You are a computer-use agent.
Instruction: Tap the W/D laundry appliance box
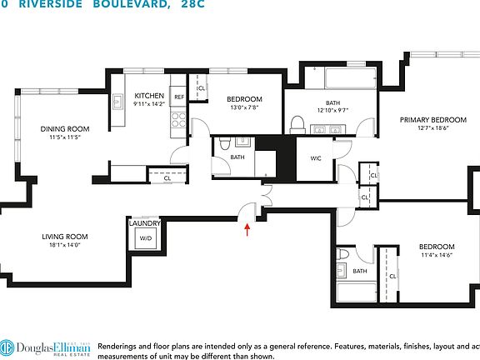pyautogui.click(x=146, y=238)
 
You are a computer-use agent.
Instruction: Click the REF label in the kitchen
pyautogui.click(x=179, y=97)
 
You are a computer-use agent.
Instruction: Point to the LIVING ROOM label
pyautogui.click(x=66, y=237)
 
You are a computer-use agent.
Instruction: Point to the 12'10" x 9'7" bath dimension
pyautogui.click(x=331, y=110)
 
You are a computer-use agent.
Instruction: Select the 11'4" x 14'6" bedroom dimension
pyautogui.click(x=436, y=256)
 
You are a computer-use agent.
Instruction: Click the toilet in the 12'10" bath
pyautogui.click(x=297, y=125)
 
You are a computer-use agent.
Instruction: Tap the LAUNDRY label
pyautogui.click(x=145, y=222)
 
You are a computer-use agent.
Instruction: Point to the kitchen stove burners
pyautogui.click(x=177, y=117)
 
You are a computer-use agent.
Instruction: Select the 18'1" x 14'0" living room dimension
pyautogui.click(x=66, y=246)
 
